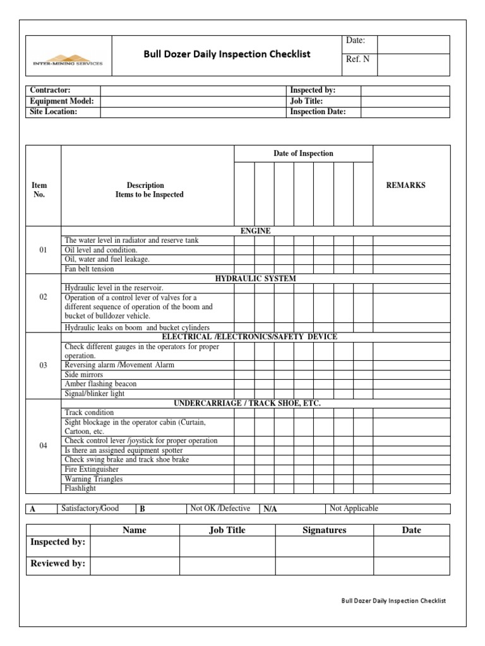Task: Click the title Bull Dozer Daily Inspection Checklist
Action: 227,54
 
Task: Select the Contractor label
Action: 50,91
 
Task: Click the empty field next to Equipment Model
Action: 192,101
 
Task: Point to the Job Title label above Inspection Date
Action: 306,101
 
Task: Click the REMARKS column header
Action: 405,185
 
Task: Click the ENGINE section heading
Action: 255,231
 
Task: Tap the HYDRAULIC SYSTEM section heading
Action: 255,278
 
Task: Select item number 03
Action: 43,365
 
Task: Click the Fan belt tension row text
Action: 90,269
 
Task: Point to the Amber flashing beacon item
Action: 100,384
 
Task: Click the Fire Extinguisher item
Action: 92,469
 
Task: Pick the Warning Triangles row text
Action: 93,479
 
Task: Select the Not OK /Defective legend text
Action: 220,508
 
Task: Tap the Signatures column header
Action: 324,530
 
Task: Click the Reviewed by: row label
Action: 57,563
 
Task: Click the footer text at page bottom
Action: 393,601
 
